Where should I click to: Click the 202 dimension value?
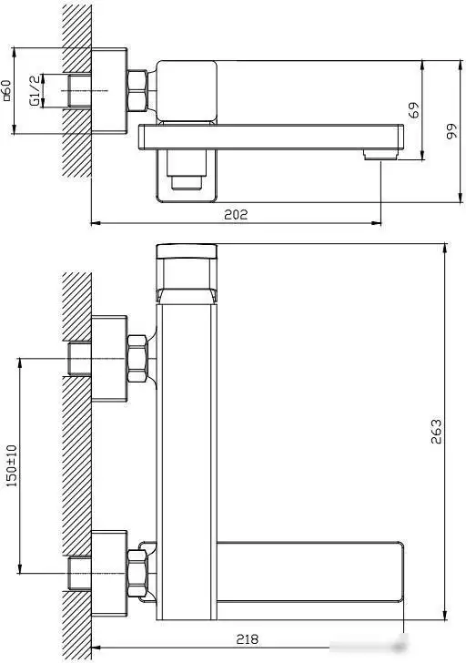(x=236, y=214)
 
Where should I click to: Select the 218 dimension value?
(x=248, y=639)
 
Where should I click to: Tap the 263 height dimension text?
(x=437, y=432)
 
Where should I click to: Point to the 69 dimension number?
(x=415, y=110)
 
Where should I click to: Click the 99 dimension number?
(x=451, y=131)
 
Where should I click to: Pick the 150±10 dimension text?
(x=12, y=465)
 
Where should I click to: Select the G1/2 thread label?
(x=35, y=90)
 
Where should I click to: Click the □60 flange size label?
(x=6, y=90)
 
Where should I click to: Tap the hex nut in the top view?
(x=137, y=91)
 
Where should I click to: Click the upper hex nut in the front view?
(x=137, y=359)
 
